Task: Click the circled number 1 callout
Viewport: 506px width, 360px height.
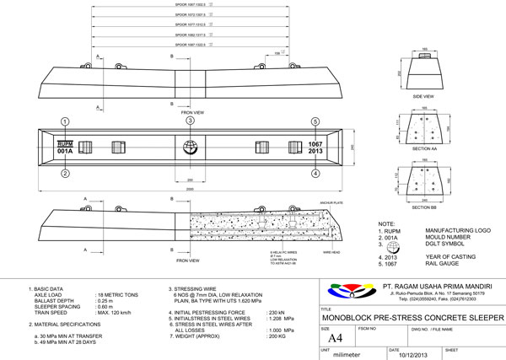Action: click(x=64, y=121)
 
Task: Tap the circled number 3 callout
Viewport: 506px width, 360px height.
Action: click(x=191, y=121)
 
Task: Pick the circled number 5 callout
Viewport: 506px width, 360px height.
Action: click(x=315, y=121)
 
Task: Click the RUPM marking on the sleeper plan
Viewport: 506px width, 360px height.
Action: click(x=65, y=143)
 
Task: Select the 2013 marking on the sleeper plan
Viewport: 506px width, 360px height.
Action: click(x=316, y=152)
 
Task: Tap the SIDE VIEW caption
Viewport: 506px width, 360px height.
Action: click(x=423, y=97)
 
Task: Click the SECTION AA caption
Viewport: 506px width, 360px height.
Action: click(x=423, y=148)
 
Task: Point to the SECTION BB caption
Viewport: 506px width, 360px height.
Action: click(x=423, y=206)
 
